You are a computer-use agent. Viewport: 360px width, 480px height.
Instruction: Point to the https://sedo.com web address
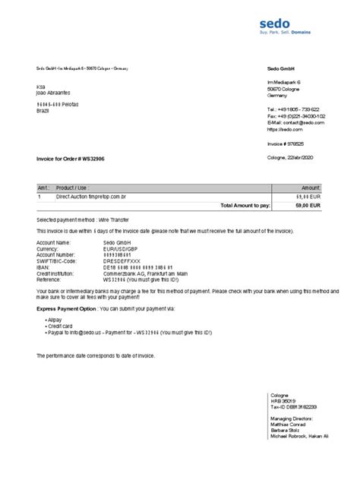[285, 128]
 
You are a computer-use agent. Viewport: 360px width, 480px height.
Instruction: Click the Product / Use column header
[74, 187]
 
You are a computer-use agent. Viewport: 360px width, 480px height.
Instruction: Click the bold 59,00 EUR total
[308, 205]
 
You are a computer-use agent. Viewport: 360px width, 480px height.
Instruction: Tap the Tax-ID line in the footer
[292, 407]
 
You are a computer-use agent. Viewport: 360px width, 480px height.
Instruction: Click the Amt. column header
[43, 187]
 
